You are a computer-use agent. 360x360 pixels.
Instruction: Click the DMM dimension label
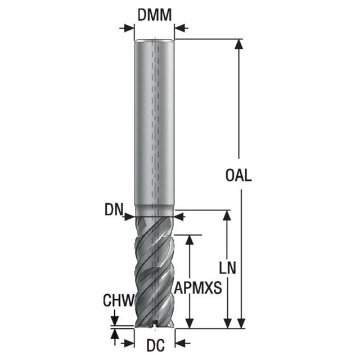point(155,15)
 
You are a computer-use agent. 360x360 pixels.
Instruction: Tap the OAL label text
point(238,175)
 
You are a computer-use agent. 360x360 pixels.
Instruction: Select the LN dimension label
point(227,268)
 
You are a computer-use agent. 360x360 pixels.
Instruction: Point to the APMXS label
point(198,287)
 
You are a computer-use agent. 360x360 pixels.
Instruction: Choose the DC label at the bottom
point(156,345)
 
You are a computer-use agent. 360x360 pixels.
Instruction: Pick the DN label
point(114,210)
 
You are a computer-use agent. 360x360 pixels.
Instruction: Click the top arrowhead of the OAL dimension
point(239,44)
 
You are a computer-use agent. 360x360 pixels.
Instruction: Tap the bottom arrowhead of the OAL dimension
point(241,323)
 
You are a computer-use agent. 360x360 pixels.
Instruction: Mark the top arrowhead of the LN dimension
point(227,215)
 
